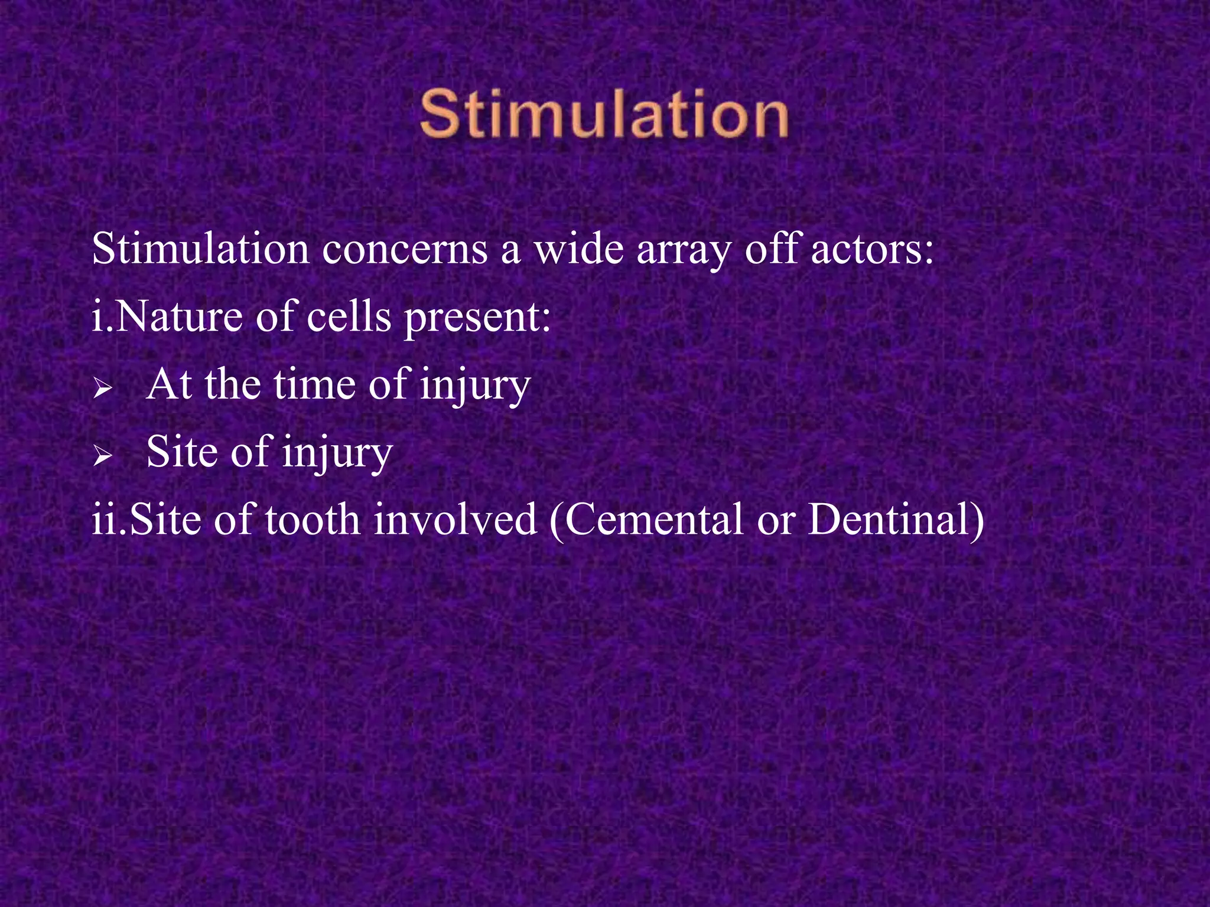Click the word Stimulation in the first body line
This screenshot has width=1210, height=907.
200,249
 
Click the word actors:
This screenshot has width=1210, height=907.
873,249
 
